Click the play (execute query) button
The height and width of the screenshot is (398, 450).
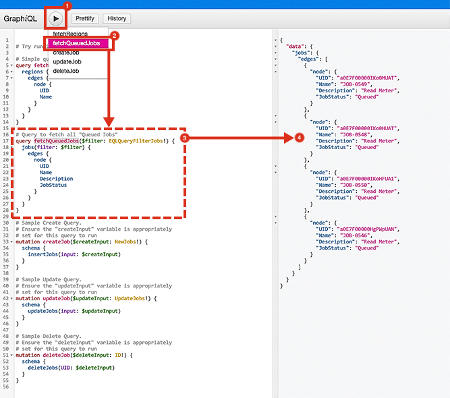click(55, 18)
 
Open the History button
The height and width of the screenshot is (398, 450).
click(117, 19)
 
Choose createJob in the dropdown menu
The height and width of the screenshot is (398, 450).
click(66, 53)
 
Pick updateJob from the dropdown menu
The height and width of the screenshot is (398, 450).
click(67, 61)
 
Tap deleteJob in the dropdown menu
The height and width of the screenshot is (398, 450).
click(65, 71)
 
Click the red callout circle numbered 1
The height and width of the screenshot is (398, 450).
click(67, 5)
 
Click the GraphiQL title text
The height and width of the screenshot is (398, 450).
click(20, 19)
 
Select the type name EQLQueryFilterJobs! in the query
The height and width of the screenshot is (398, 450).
click(142, 140)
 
